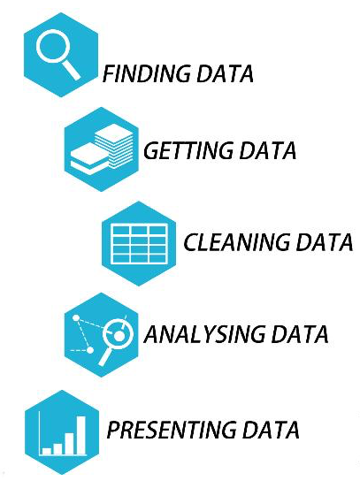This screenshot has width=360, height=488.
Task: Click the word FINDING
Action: [146, 73]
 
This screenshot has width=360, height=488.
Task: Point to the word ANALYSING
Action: [204, 334]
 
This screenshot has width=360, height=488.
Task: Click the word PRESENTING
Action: [172, 430]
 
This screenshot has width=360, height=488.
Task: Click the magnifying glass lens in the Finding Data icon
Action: [51, 46]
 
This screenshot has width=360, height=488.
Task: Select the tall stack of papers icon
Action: [114, 145]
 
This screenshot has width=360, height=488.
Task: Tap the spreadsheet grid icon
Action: [139, 244]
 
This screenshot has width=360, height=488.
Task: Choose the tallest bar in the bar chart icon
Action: [81, 435]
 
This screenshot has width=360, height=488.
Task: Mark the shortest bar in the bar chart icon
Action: [47, 451]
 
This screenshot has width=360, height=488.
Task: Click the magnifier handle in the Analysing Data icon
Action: [105, 355]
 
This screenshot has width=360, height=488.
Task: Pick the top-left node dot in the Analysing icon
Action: [76, 317]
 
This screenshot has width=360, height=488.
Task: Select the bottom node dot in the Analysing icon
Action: [90, 350]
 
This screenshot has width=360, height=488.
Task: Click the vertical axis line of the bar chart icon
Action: [40, 433]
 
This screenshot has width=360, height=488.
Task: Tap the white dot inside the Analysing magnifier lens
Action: [119, 336]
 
